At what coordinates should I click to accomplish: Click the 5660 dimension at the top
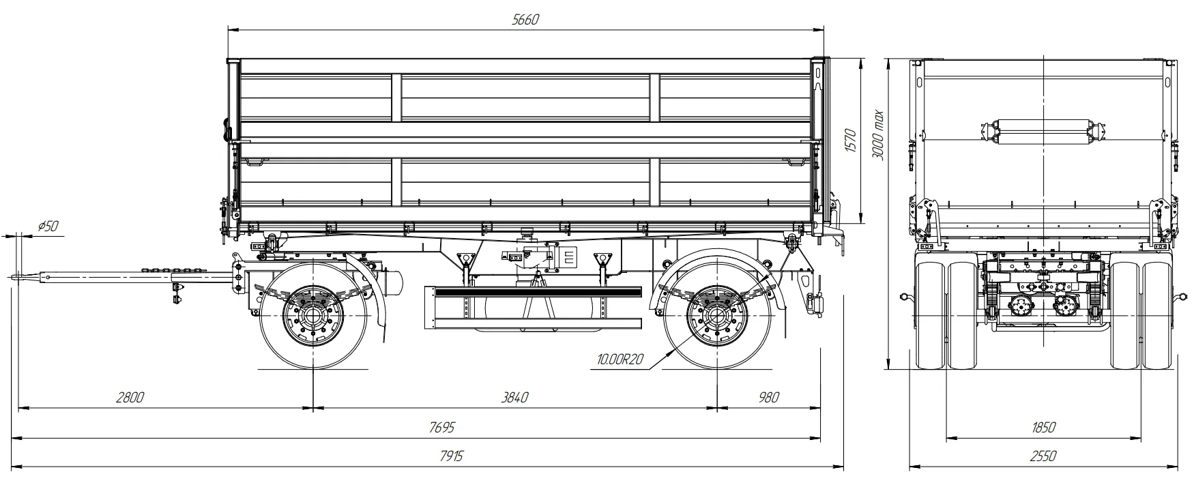tap(525, 20)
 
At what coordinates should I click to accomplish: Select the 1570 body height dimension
tap(850, 141)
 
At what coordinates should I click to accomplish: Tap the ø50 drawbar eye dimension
tap(47, 226)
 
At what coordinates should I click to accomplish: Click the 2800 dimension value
tap(130, 398)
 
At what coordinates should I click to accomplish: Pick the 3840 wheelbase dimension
tap(514, 398)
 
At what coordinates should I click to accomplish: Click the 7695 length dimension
tap(441, 428)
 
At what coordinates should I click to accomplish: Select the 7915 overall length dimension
tap(450, 456)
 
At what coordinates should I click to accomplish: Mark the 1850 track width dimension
tap(1043, 428)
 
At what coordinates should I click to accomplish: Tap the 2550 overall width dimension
tap(1043, 456)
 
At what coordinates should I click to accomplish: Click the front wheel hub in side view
tap(312, 316)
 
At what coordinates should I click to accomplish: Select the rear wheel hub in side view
tap(718, 316)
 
